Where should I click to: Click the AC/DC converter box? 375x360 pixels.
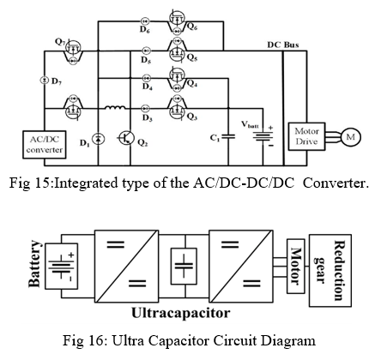pos(45,145)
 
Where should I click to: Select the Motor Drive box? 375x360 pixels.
pos(306,136)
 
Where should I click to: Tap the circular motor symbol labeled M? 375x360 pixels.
pos(351,137)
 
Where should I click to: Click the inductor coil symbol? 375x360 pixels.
pos(115,107)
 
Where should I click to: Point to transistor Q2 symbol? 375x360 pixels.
pos(126,138)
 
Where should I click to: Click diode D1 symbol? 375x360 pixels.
pos(98,139)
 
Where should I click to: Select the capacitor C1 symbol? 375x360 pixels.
pos(228,136)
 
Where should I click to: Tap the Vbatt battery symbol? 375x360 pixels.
pos(263,136)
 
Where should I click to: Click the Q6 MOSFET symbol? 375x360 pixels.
pos(178,21)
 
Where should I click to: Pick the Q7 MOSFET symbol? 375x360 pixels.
pos(74,51)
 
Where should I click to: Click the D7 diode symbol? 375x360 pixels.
pos(45,81)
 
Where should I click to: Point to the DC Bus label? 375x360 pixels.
pos(283,45)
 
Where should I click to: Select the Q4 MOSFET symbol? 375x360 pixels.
pos(178,79)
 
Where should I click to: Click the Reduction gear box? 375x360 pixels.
pos(330,271)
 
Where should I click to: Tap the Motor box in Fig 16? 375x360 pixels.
pos(295,267)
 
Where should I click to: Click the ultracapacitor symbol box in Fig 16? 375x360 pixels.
pos(184,267)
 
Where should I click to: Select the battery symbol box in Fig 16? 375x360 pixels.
pos(62,267)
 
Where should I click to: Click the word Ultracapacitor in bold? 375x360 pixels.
pos(181,313)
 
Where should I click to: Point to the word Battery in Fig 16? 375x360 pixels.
pos(34,263)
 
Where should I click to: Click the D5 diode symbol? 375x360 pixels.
pos(147,51)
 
